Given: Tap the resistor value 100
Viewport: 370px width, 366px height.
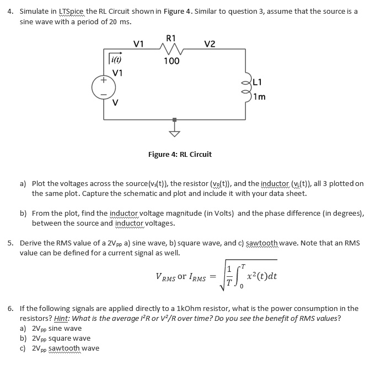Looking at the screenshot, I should [171, 61].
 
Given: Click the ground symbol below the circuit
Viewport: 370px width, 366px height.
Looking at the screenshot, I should [175, 130].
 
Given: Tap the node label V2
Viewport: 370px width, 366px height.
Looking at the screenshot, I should [210, 44].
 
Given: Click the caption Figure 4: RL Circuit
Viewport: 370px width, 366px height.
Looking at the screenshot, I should [180, 154].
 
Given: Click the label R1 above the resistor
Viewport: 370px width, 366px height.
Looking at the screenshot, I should [171, 38].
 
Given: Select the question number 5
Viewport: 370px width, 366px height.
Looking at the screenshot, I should [12, 243].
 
